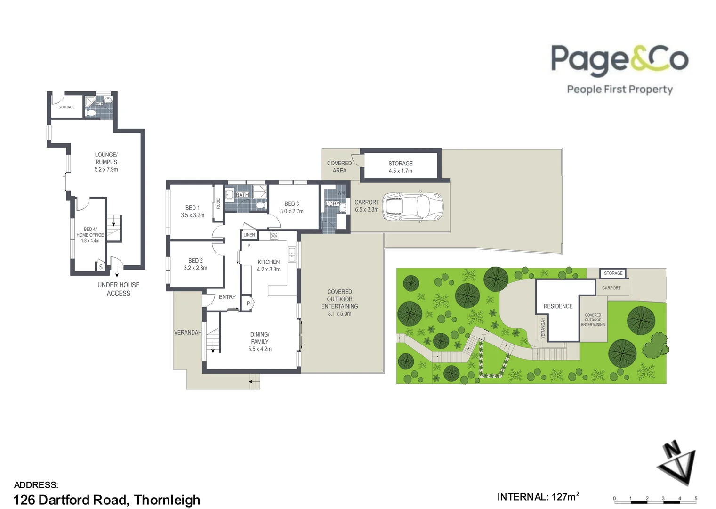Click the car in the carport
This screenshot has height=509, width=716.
point(413,206)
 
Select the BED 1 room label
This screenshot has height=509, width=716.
point(193,208)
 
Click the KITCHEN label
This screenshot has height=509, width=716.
point(268,262)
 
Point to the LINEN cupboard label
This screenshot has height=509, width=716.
point(249,235)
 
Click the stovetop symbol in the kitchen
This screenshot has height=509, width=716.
point(274,236)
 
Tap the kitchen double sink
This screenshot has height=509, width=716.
point(292,254)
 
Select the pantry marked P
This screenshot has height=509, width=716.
point(248,304)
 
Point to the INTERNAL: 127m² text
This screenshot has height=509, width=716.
point(538,497)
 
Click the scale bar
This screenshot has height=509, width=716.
point(655,499)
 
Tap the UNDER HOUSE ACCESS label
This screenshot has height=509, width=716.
point(118,289)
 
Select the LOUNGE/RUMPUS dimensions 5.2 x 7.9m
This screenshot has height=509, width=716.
point(106,169)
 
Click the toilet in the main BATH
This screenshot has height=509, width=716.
point(259,205)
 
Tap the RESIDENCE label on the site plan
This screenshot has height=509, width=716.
point(558,306)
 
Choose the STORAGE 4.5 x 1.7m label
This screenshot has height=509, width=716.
point(400,167)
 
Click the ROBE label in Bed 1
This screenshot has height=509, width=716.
point(218,204)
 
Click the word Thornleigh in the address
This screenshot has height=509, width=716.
point(167,500)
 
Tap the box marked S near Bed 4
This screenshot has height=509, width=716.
point(101,267)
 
